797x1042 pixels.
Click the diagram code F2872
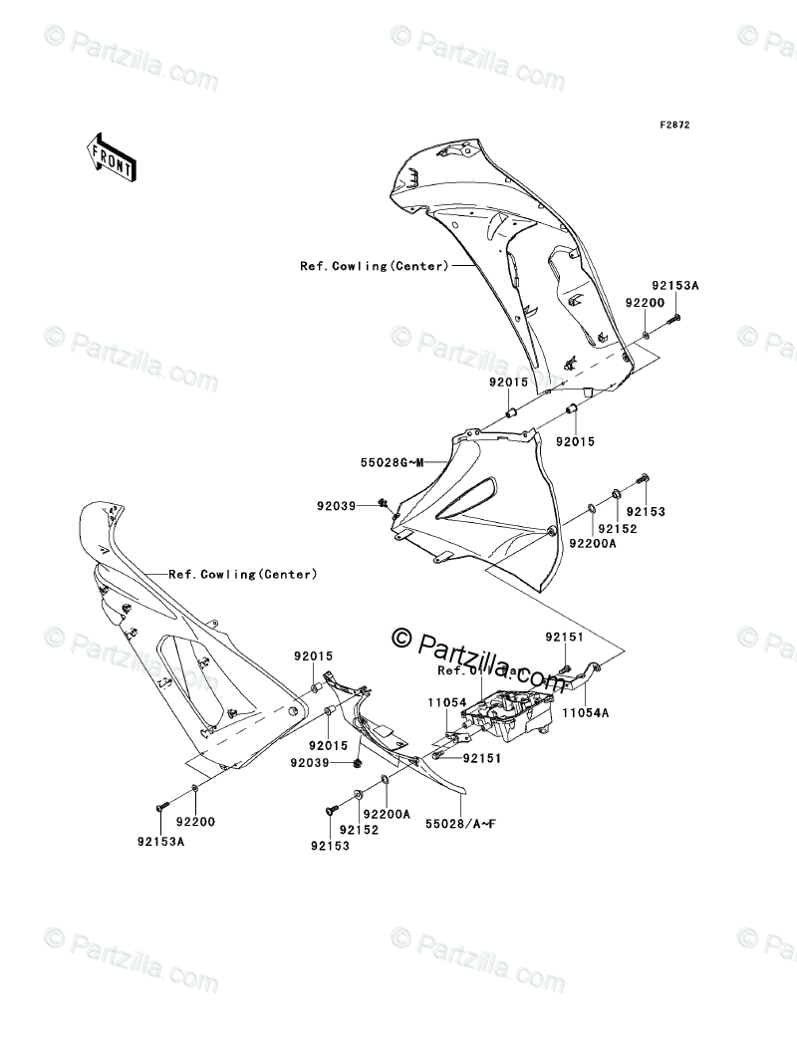click(x=674, y=126)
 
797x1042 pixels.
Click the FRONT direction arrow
click(x=111, y=154)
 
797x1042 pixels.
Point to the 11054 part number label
click(x=448, y=703)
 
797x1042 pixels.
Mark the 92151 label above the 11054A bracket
click(x=563, y=636)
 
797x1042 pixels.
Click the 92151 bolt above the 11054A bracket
click(x=564, y=666)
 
